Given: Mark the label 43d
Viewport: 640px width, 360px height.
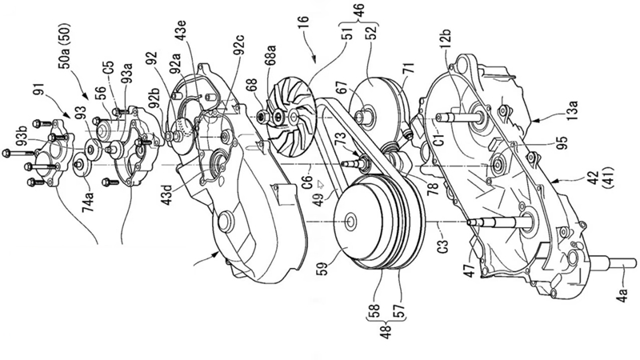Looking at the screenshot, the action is point(170,196).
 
